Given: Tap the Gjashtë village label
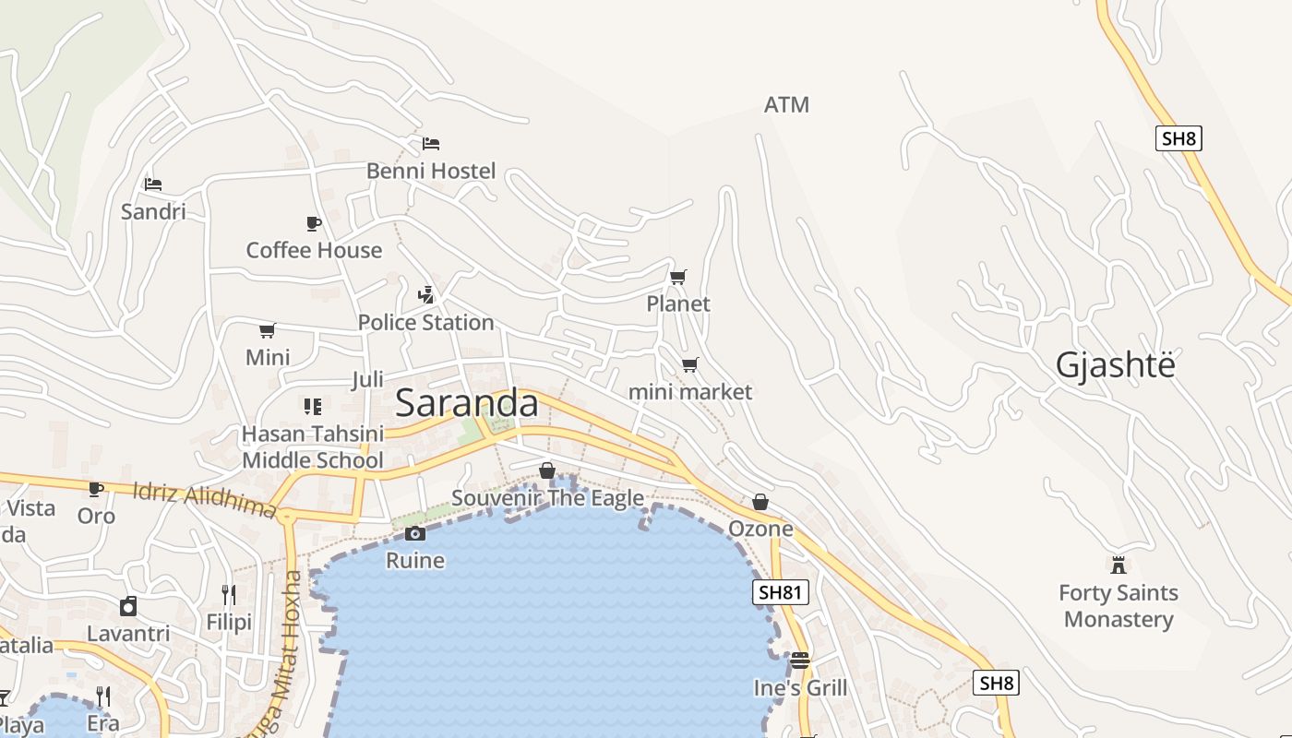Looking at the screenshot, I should pos(1115,366).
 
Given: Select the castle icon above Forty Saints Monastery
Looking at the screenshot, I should pos(1119,565).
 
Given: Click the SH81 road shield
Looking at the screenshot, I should pos(781,592).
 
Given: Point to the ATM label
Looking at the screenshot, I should pos(786,105).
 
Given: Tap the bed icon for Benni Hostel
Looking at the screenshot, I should pos(431,143).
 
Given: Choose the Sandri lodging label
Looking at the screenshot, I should pos(153,211).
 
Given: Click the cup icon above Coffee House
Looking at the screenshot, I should pos(313,223).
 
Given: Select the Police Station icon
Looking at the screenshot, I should pos(425,295).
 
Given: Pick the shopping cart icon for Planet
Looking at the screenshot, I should pos(678,277).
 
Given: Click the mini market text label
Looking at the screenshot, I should pos(689,392).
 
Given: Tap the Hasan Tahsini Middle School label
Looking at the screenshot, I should pos(312,446).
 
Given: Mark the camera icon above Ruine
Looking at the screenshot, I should pos(415,533).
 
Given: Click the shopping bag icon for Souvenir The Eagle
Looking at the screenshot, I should pos(547,470).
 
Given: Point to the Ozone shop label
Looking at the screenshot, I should pos(760,529).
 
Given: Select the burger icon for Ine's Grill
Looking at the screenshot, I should pos(799,661).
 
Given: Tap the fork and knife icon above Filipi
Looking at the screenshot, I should pos(229,595).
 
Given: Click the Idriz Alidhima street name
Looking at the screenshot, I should pos(204,498).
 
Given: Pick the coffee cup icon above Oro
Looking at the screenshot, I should pos(95,489).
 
